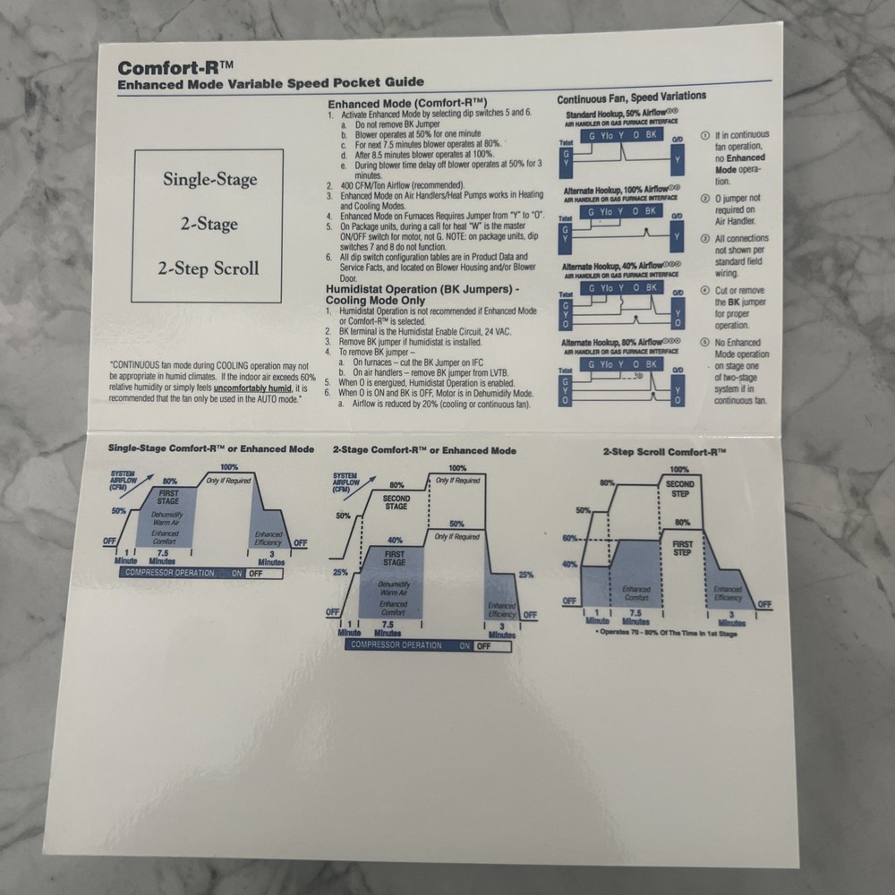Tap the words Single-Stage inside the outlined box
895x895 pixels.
coord(209,179)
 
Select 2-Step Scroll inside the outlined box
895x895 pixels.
coord(209,268)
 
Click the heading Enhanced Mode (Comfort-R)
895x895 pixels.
coord(406,103)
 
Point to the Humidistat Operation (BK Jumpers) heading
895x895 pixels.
coord(423,295)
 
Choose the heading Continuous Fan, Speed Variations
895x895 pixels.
coord(631,97)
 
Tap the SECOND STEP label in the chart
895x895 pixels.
coord(681,489)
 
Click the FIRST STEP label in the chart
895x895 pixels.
coord(682,548)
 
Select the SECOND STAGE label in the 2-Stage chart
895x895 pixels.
coord(396,502)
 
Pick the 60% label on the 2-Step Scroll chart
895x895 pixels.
coord(569,538)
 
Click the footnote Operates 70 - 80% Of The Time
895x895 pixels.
coord(666,631)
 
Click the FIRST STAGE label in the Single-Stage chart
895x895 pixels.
coord(169,496)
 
